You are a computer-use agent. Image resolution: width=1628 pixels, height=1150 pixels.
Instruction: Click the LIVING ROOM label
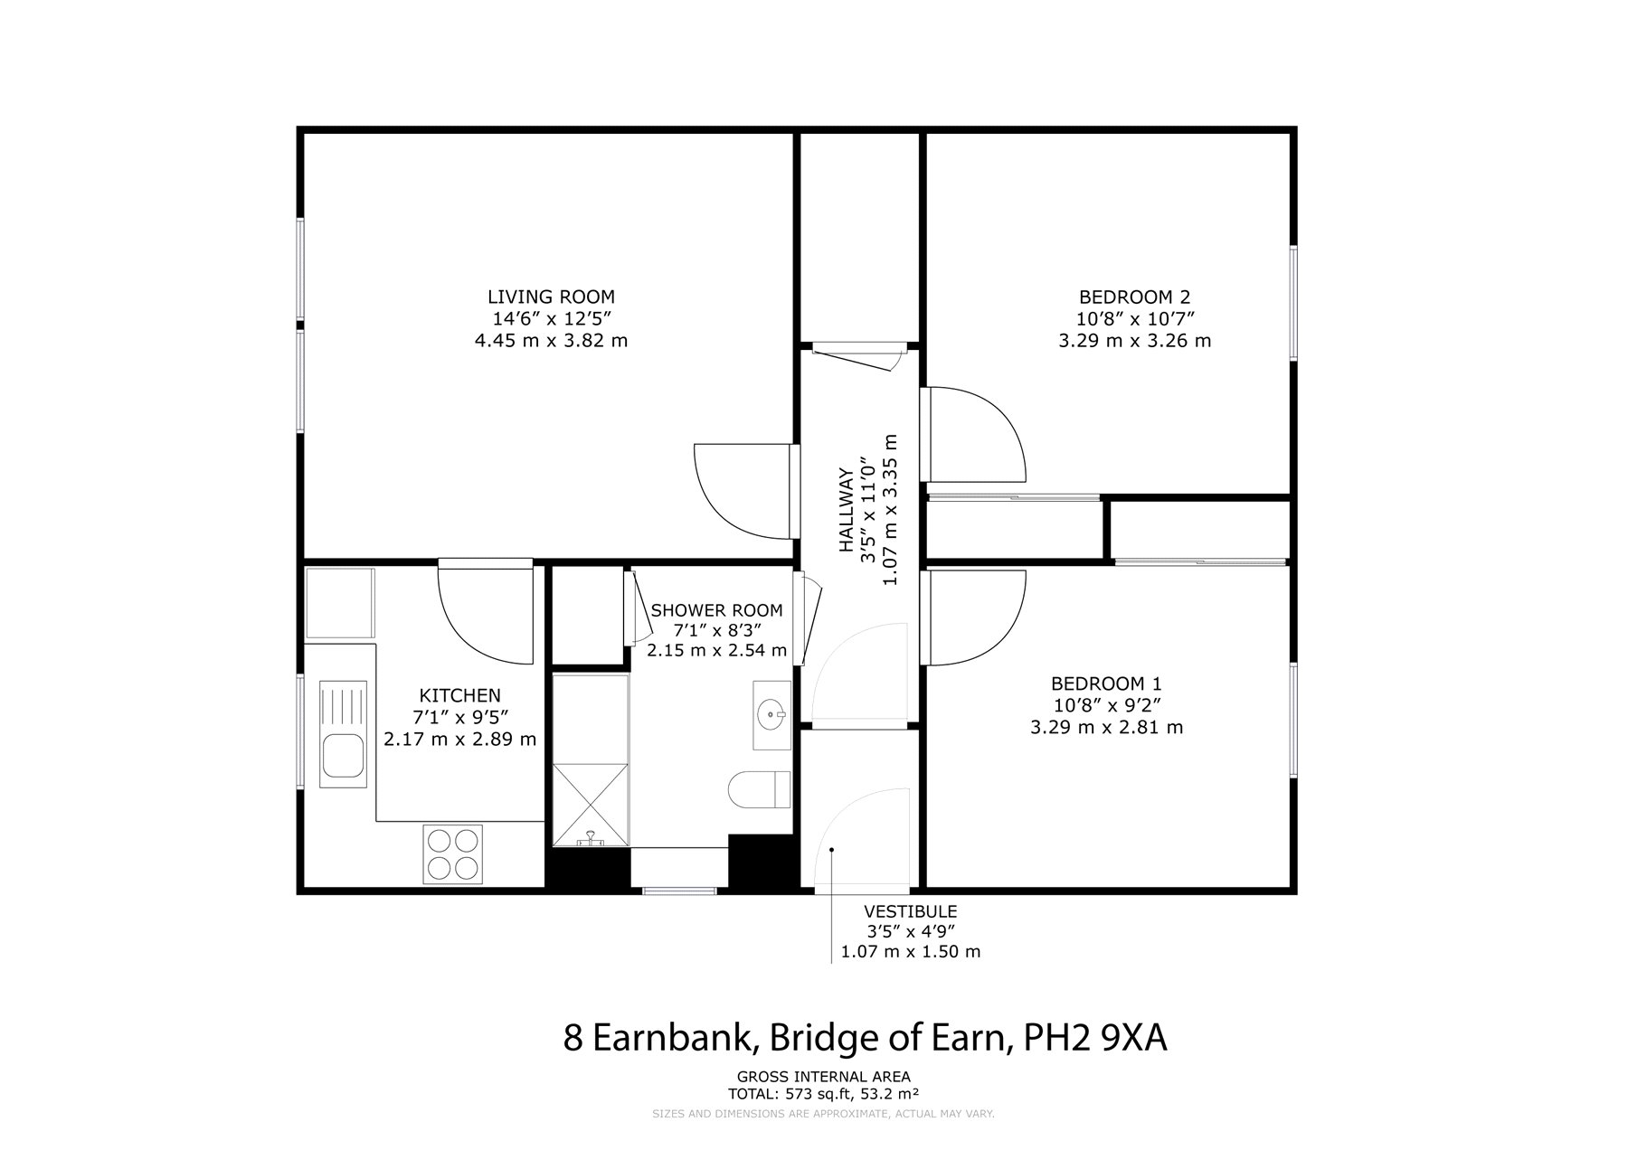pyautogui.click(x=551, y=297)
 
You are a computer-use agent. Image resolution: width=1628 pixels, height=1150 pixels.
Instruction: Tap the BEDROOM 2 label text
pyautogui.click(x=1134, y=297)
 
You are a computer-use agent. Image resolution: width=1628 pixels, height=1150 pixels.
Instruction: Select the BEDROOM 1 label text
pyautogui.click(x=1106, y=683)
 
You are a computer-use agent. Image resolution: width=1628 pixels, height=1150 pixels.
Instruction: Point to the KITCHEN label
pyautogui.click(x=459, y=695)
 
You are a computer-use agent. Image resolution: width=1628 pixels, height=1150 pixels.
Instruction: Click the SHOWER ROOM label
pyautogui.click(x=716, y=610)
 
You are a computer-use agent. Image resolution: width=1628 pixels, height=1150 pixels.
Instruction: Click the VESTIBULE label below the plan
pyautogui.click(x=910, y=911)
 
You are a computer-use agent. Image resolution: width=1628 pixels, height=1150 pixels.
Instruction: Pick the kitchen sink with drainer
pyautogui.click(x=343, y=734)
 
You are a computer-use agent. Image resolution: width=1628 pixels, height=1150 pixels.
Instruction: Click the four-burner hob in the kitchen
pyautogui.click(x=451, y=854)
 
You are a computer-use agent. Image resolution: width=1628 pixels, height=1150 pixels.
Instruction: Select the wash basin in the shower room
pyautogui.click(x=772, y=715)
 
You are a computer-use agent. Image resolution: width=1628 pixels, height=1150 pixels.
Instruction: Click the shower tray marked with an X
pyautogui.click(x=590, y=805)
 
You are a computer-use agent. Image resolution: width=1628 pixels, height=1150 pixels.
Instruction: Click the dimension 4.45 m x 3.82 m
pyautogui.click(x=551, y=341)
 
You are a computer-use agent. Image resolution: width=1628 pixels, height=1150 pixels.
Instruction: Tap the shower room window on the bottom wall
pyautogui.click(x=679, y=891)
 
